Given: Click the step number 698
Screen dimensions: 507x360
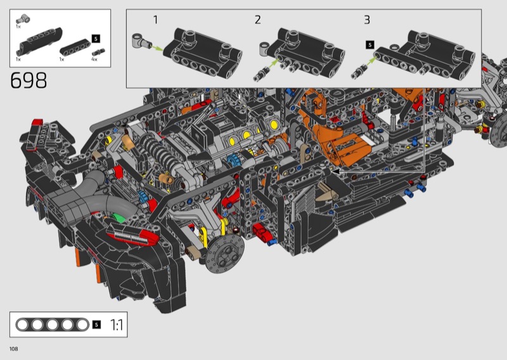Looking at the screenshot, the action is click(x=29, y=80).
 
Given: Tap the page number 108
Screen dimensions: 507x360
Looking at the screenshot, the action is click(x=13, y=349).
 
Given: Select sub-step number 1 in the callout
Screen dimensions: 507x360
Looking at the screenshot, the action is click(x=155, y=20).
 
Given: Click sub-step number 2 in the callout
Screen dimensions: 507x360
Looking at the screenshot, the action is click(x=257, y=20).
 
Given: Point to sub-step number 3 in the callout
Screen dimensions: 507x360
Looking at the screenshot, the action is click(x=367, y=20).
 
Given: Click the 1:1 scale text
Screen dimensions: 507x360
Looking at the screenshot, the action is click(x=117, y=325).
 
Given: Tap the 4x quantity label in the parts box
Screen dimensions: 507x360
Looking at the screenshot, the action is click(x=94, y=59).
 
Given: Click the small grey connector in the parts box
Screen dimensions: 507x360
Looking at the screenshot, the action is click(x=23, y=19).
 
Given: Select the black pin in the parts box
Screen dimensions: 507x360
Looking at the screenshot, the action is click(x=98, y=52).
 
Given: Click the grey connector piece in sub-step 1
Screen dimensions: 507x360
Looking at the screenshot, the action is click(x=141, y=41).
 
